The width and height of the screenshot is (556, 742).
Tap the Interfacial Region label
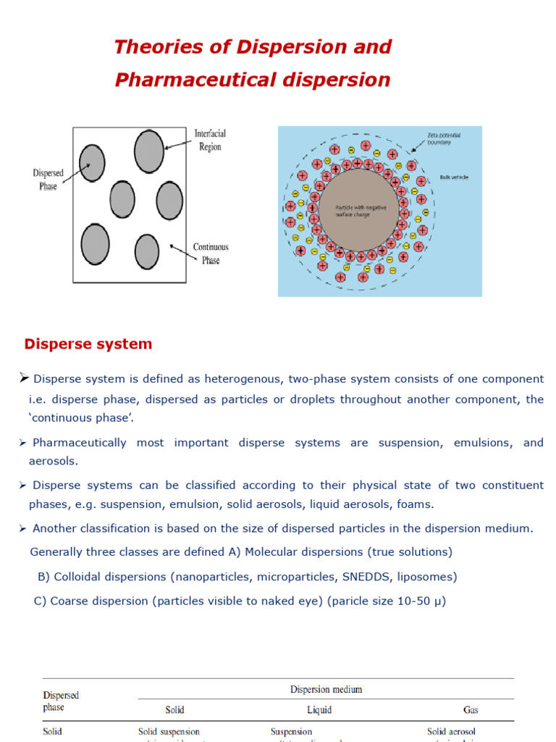210,140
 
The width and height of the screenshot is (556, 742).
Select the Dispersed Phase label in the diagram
49,179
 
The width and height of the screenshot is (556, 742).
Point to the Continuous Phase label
211,254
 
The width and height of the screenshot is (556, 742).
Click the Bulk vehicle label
454,178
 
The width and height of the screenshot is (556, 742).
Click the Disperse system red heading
88,344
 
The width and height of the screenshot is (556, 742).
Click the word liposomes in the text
427,577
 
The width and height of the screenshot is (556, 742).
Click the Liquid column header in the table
319,710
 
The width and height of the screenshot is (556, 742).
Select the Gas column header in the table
471,710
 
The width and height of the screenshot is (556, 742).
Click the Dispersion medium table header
326,690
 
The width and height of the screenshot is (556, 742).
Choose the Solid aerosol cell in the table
451,732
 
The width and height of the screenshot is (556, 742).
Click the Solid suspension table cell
169,732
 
